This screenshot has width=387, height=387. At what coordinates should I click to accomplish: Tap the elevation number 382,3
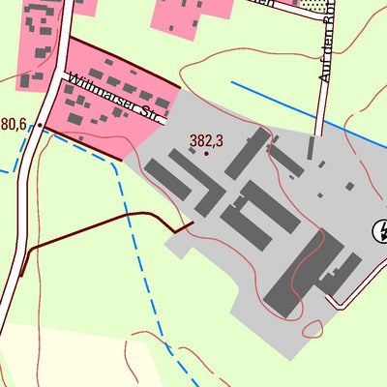206,141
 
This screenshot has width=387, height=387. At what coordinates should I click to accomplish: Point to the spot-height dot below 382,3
206,153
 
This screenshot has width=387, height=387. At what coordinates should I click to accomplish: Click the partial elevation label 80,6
13,124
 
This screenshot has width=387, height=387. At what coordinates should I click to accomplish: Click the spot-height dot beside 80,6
35,126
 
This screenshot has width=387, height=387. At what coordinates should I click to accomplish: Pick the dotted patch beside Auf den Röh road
314,5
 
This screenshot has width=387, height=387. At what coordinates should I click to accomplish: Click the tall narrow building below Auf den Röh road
311,148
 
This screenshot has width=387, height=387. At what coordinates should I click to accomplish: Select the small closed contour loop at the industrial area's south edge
312,329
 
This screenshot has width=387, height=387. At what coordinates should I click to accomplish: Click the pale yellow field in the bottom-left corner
58,358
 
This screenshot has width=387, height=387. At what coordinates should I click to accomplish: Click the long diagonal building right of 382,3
247,152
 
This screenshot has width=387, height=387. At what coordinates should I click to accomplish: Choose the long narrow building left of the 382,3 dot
168,180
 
